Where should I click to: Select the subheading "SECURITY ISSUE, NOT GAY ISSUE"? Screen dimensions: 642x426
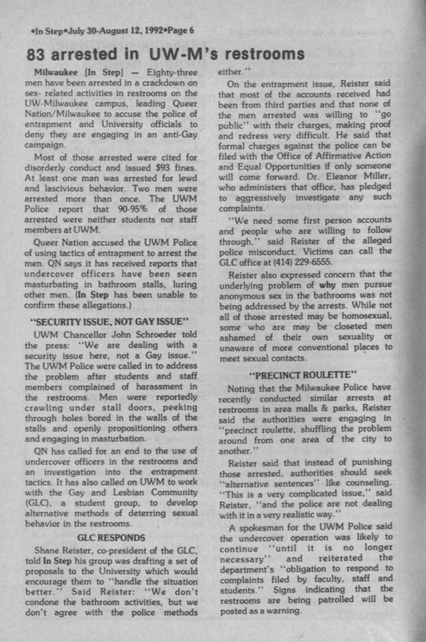pyautogui.click(x=112, y=321)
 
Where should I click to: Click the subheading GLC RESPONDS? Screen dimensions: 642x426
pyautogui.click(x=112, y=537)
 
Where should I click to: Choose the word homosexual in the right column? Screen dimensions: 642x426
pyautogui.click(x=362, y=316)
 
